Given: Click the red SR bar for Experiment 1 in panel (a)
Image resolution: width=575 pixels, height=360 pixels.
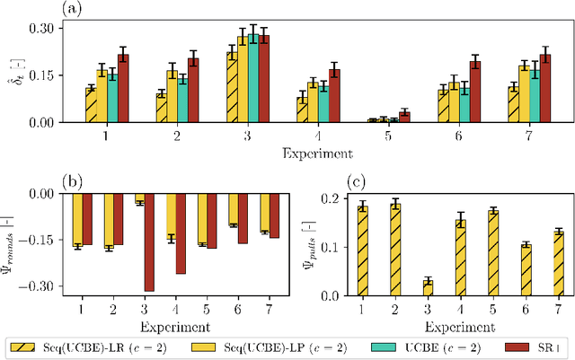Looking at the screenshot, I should pos(123,88).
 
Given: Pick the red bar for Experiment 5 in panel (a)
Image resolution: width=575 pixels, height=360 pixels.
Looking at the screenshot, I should pos(403,117).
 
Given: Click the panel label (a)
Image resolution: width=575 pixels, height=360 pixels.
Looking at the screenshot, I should pos(73,9).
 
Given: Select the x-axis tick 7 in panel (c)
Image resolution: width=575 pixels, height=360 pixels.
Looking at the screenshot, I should pos(557,310).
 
